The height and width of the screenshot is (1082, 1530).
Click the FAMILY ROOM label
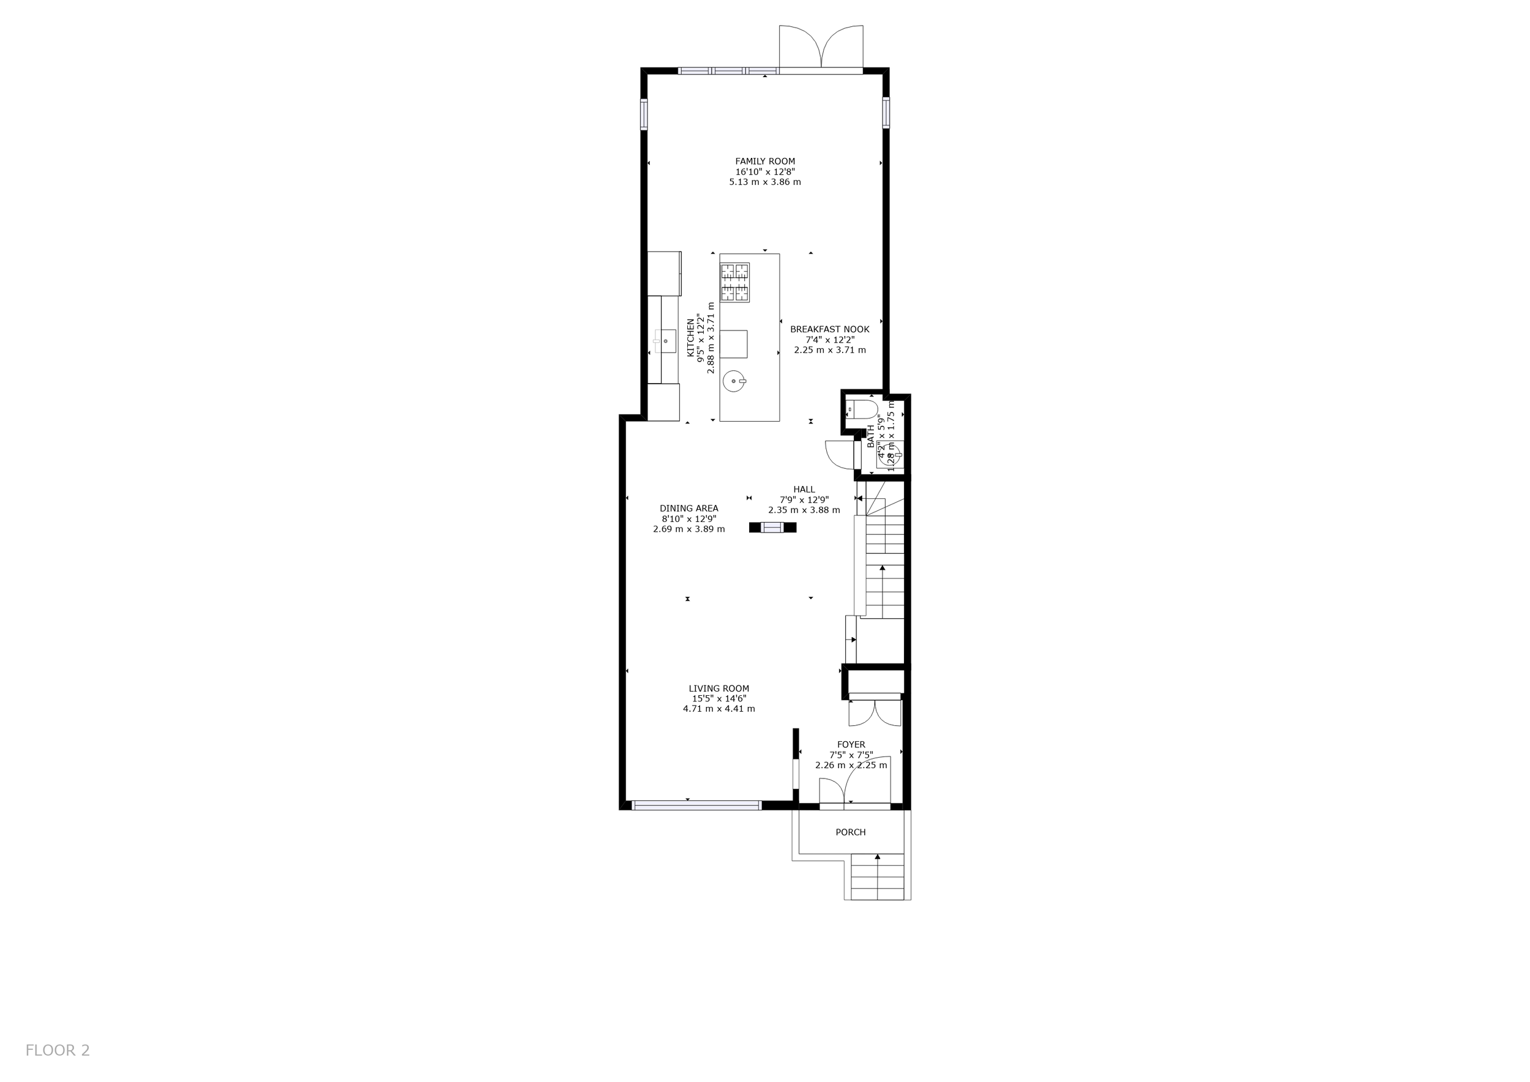(765, 161)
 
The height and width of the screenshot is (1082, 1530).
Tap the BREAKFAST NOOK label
(830, 329)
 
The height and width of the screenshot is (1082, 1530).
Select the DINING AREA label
(689, 509)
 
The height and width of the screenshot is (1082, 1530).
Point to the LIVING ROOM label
(719, 688)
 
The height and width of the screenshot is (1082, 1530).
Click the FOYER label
(851, 745)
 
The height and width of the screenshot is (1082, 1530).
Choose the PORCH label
(851, 832)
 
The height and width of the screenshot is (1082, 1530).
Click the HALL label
(804, 490)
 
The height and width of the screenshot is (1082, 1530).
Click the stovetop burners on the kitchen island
(734, 283)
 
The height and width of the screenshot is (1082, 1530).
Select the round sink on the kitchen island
(734, 382)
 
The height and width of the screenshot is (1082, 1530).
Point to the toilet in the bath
(864, 409)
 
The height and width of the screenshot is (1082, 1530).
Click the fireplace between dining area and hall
(772, 528)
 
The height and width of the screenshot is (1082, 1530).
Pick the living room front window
(696, 805)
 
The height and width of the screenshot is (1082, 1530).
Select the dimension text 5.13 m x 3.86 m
(765, 182)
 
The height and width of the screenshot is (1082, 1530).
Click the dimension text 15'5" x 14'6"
(719, 699)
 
